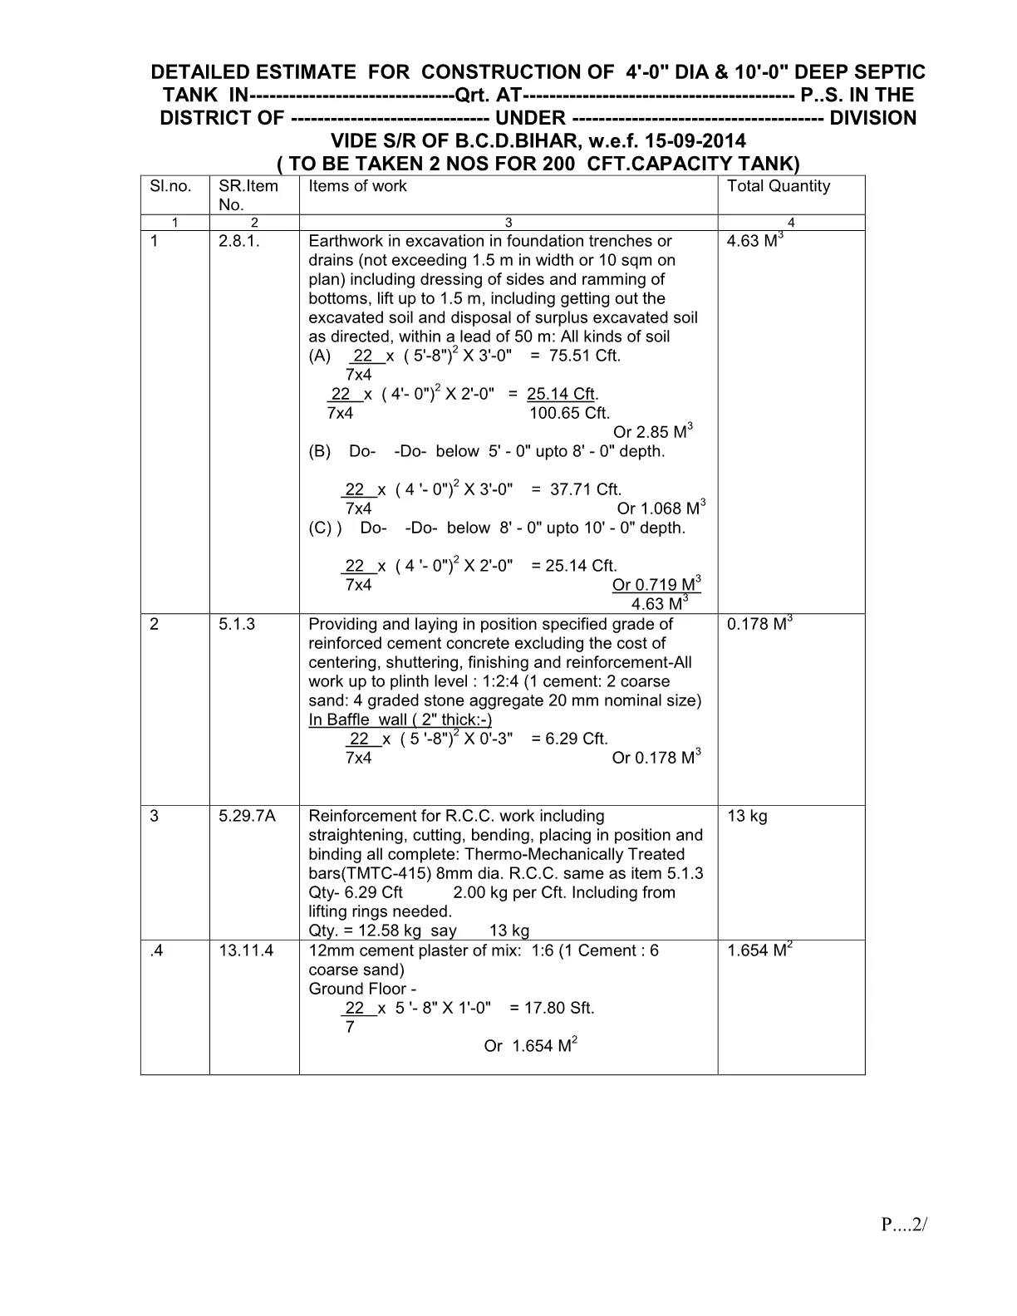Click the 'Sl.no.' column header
170,186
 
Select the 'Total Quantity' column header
778,186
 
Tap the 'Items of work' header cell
357,186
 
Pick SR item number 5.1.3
237,625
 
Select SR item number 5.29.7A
247,817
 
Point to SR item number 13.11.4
246,951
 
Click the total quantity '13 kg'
747,817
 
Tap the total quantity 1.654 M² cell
759,950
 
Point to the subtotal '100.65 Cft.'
569,414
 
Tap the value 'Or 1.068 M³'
661,508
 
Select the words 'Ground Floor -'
362,989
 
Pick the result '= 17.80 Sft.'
552,1009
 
